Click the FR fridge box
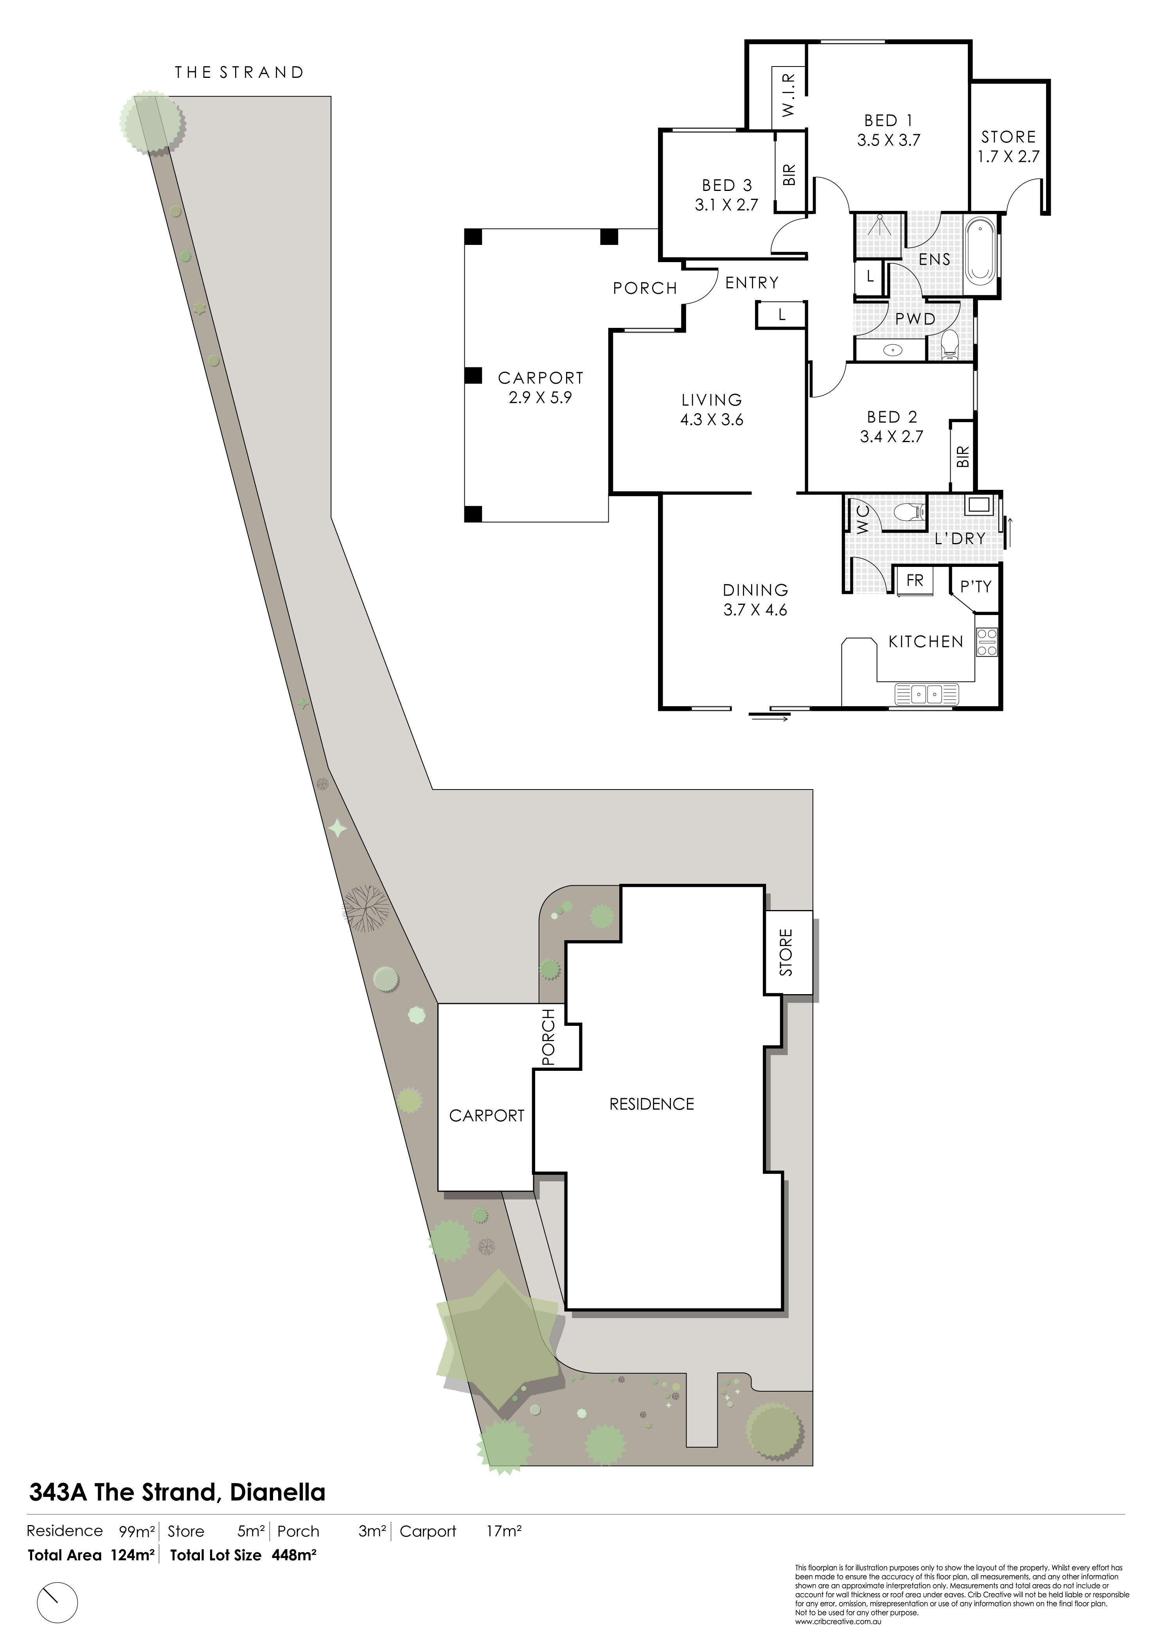point(915,580)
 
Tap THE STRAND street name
point(239,72)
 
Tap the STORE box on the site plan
point(788,952)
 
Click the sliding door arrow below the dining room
point(769,719)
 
